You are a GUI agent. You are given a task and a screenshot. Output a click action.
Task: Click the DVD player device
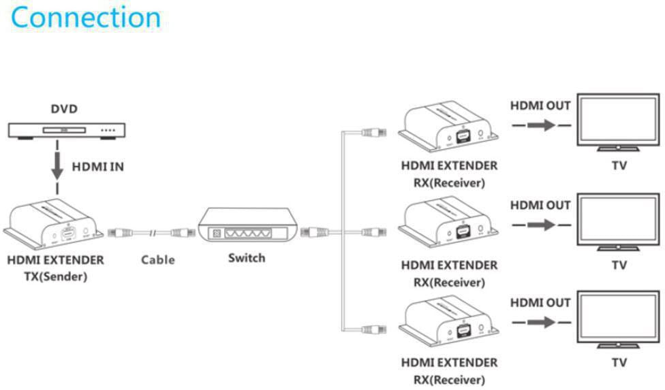pyautogui.click(x=66, y=130)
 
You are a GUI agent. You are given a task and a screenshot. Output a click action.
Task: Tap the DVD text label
pyautogui.click(x=65, y=109)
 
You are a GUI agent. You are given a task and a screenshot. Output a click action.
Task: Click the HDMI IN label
pyautogui.click(x=98, y=166)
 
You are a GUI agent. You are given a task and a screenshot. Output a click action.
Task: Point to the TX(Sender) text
pyautogui.click(x=55, y=276)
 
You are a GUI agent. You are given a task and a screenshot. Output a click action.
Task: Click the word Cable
pyautogui.click(x=158, y=259)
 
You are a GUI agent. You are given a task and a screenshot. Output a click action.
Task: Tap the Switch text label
pyautogui.click(x=247, y=258)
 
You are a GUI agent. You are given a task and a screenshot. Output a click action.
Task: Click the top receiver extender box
pyautogui.click(x=449, y=129)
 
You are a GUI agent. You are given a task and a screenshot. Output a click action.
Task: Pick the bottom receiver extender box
pyautogui.click(x=449, y=323)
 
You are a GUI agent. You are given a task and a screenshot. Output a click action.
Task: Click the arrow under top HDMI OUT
pyautogui.click(x=540, y=125)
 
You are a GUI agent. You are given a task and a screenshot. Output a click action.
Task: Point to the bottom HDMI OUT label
pyautogui.click(x=540, y=302)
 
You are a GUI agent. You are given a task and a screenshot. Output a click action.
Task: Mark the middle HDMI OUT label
pyautogui.click(x=540, y=204)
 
